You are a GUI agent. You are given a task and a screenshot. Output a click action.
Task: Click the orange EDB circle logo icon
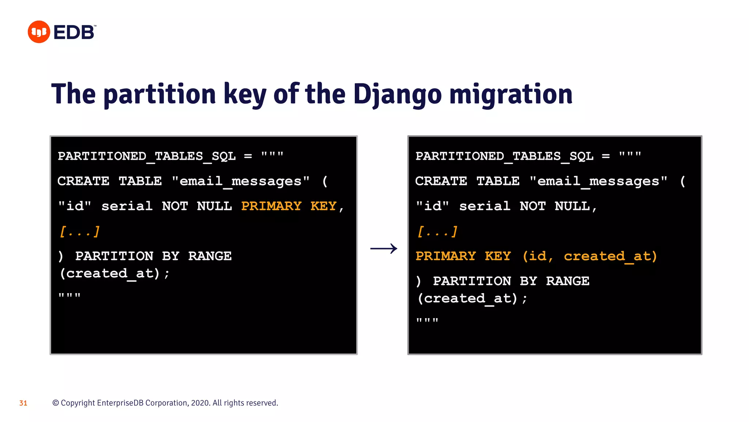coord(39,32)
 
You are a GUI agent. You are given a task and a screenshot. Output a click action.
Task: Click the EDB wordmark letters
coord(74,32)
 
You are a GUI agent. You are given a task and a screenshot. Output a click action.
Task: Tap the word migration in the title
coord(511,95)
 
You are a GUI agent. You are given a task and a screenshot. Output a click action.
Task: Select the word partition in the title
coord(159,95)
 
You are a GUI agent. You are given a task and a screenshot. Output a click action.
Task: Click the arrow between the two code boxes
coord(384,249)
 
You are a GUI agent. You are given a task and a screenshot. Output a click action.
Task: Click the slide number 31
coord(23,403)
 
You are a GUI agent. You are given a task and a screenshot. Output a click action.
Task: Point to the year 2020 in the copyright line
coord(200,403)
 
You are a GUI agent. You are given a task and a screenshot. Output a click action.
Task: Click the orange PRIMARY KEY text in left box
coord(289,206)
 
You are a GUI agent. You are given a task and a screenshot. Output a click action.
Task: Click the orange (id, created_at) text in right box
coord(589,256)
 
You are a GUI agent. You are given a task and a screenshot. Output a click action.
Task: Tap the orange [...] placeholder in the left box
coord(79,232)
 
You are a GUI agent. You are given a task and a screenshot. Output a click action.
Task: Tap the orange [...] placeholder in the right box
coord(437,232)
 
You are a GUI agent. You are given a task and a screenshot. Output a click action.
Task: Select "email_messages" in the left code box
coord(241,181)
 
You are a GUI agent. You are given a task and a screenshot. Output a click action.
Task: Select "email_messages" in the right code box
coord(598,181)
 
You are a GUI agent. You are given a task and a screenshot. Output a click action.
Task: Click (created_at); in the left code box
coord(114,273)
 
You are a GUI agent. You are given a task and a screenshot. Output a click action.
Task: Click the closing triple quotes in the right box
coord(427,321)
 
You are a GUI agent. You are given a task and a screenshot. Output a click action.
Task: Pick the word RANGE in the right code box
coord(567,281)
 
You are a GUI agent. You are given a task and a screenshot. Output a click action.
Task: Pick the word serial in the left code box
coord(127,206)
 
